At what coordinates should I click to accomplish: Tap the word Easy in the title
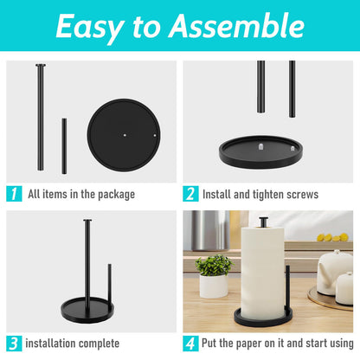[90, 28]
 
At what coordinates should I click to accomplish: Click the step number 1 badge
[14, 194]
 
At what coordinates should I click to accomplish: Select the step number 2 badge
[190, 194]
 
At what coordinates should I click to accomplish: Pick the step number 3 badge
[14, 343]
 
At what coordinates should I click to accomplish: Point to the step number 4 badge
[190, 343]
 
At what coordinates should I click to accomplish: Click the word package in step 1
[112, 195]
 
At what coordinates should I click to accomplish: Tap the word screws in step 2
[299, 195]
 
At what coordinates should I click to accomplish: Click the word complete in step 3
[100, 343]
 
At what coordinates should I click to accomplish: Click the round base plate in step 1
[125, 135]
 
